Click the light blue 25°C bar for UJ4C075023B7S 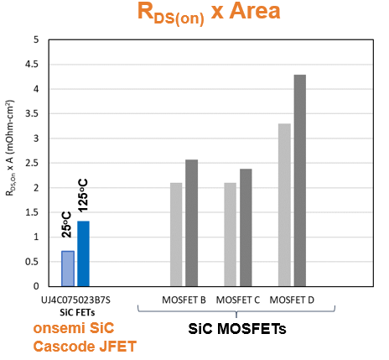pyautogui.click(x=68, y=269)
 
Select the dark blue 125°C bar pyautogui.click(x=83, y=253)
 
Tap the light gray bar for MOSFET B pyautogui.click(x=176, y=235)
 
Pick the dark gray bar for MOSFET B pyautogui.click(x=192, y=223)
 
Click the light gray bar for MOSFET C pyautogui.click(x=231, y=235)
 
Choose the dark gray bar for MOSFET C pyautogui.click(x=246, y=227)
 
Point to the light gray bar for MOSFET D pyautogui.click(x=284, y=205)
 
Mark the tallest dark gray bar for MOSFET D pyautogui.click(x=300, y=180)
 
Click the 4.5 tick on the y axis pyautogui.click(x=32, y=65)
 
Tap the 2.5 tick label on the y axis pyautogui.click(x=32, y=163)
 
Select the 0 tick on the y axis pyautogui.click(x=36, y=286)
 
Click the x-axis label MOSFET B pyautogui.click(x=184, y=300)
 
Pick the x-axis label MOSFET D pyautogui.click(x=292, y=300)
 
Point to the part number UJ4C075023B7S pyautogui.click(x=75, y=300)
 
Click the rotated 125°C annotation pyautogui.click(x=83, y=196)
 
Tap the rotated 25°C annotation pyautogui.click(x=67, y=225)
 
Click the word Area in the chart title pyautogui.click(x=255, y=11)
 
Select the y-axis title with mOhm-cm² pyautogui.click(x=10, y=148)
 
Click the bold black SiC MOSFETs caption pyautogui.click(x=237, y=329)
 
